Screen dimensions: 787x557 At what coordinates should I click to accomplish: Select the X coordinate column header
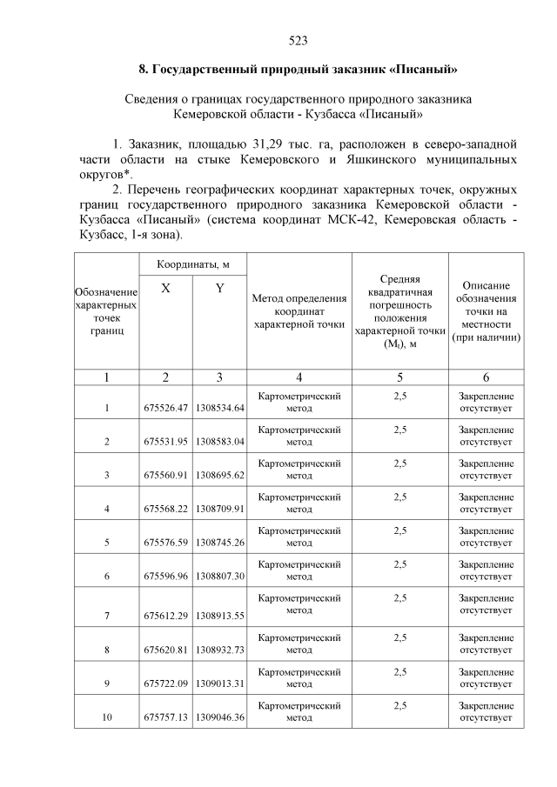[x=165, y=288]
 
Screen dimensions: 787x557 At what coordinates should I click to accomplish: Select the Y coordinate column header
[x=220, y=288]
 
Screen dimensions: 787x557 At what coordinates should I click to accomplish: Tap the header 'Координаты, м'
[x=192, y=263]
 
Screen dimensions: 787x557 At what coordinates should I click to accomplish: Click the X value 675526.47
[x=165, y=407]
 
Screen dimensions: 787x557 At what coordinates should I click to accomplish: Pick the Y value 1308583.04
[x=220, y=441]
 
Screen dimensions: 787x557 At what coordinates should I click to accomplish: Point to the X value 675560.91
[x=165, y=475]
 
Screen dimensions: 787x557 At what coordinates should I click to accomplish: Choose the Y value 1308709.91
[x=220, y=509]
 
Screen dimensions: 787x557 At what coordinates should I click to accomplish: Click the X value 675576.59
[x=165, y=543]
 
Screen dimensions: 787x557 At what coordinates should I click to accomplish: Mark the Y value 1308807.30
[x=220, y=577]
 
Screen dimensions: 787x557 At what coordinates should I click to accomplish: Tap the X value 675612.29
[x=165, y=615]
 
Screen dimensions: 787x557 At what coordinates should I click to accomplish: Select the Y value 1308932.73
[x=220, y=649]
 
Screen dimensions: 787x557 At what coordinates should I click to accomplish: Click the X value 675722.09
[x=165, y=683]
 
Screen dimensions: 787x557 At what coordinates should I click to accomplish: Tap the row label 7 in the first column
[x=107, y=615]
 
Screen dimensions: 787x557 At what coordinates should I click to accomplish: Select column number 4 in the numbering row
[x=299, y=377]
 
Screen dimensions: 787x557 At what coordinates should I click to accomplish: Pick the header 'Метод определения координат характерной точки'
[x=299, y=311]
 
